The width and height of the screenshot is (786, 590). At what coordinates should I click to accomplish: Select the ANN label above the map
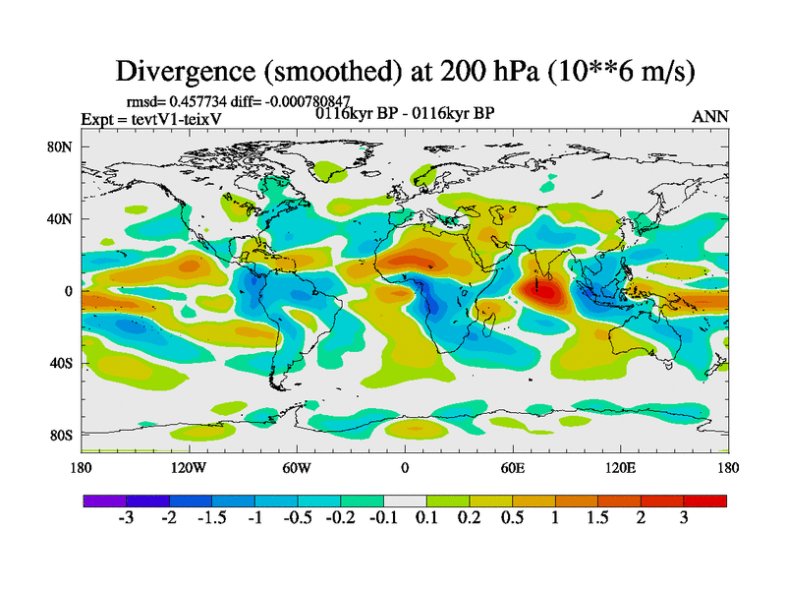(x=710, y=116)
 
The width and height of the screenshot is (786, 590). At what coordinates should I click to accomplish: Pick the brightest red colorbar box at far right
(x=705, y=501)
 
